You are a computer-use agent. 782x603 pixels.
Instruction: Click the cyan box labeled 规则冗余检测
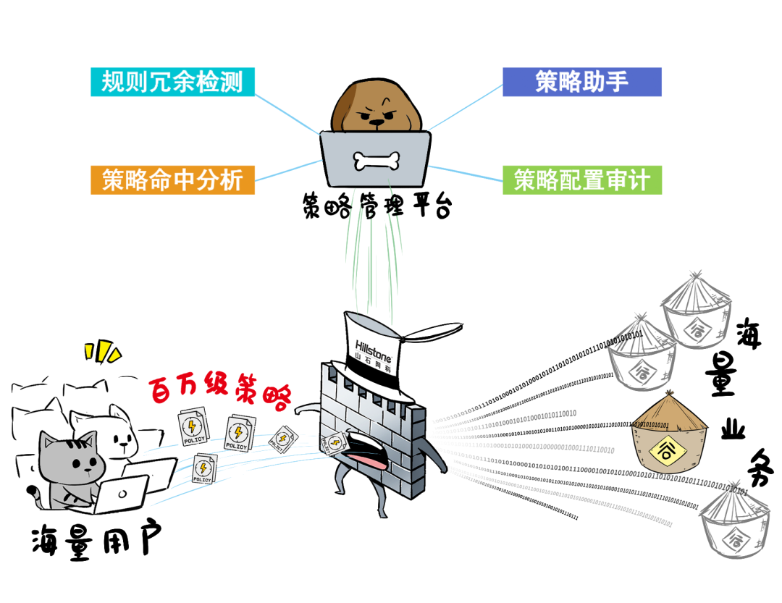point(172,82)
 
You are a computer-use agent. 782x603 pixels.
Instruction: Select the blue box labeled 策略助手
point(582,82)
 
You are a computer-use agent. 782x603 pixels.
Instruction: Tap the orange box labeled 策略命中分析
point(172,180)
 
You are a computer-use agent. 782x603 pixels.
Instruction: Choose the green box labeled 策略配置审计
point(582,180)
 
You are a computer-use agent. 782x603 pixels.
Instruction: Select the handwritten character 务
point(757,468)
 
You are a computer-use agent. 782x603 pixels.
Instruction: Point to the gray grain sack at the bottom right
point(739,528)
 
